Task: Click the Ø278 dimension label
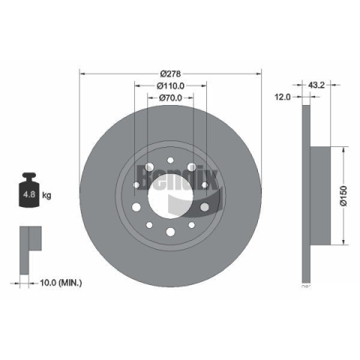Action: pos(170,73)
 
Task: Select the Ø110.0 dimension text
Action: pos(170,85)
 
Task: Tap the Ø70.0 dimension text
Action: pos(170,97)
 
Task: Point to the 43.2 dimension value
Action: pos(316,85)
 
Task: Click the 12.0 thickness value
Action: pos(283,97)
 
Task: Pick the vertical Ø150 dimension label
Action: pos(344,196)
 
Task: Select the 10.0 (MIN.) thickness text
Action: pos(61,283)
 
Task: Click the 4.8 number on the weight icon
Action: pos(29,194)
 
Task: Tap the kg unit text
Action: pos(46,195)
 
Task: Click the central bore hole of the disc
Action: pos(170,196)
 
